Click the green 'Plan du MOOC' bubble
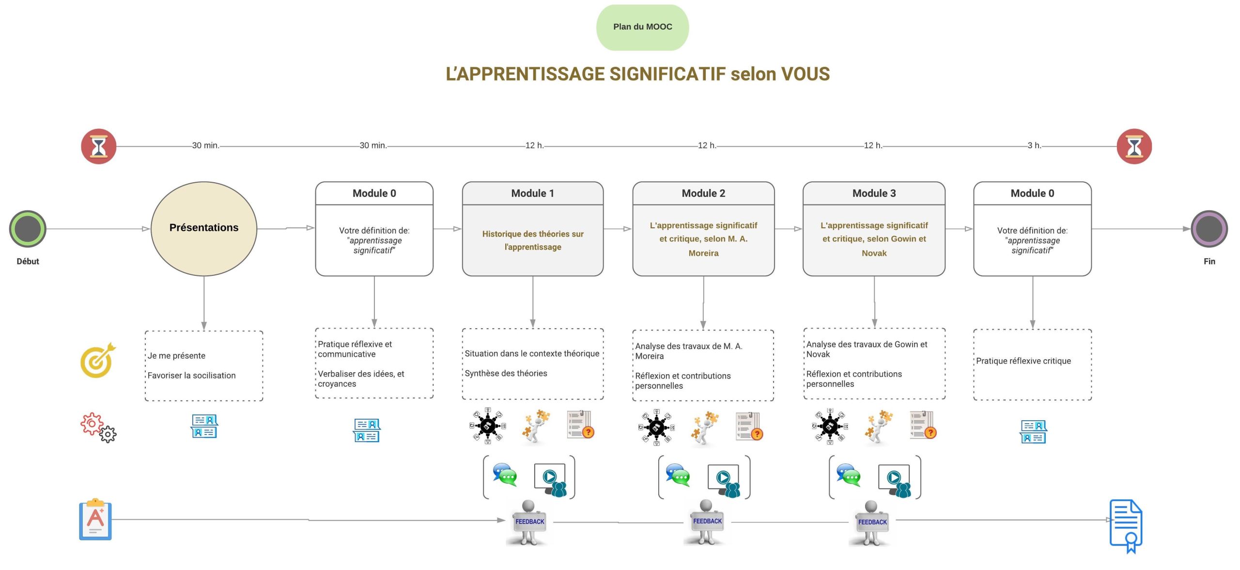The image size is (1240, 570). click(642, 27)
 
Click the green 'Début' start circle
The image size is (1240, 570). click(28, 229)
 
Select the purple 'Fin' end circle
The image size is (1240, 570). click(1209, 229)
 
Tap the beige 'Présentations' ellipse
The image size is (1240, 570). click(204, 228)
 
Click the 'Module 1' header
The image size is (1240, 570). click(533, 193)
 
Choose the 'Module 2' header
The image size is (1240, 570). click(703, 193)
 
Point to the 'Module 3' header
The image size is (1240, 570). click(874, 193)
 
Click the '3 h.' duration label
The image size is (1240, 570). click(1034, 145)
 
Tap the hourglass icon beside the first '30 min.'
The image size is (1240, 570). click(99, 146)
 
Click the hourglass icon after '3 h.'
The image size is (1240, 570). click(1134, 146)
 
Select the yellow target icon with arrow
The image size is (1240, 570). click(98, 360)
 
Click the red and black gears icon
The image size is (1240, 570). click(98, 427)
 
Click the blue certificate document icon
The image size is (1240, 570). click(1126, 526)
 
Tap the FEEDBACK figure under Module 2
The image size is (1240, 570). click(706, 522)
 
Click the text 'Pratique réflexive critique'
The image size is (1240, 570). click(1023, 361)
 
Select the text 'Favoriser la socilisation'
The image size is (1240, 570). click(191, 376)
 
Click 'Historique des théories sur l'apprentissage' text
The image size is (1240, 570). click(533, 240)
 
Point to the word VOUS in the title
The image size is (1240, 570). click(806, 74)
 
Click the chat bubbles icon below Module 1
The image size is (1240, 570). click(505, 475)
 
